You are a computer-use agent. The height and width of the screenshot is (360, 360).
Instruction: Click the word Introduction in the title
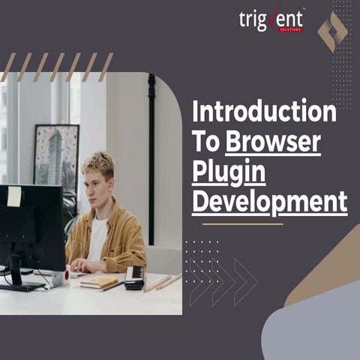(x=264, y=112)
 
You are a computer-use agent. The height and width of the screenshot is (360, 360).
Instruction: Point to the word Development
(x=269, y=201)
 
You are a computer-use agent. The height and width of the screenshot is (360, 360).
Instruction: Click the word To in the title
(x=206, y=141)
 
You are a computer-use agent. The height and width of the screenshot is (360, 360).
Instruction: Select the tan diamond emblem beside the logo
(x=331, y=31)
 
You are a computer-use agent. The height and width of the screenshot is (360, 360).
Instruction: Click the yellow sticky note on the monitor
(x=14, y=196)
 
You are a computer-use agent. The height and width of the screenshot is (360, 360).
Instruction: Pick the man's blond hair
(x=98, y=163)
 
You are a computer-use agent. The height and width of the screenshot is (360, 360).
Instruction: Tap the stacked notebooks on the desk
(x=99, y=282)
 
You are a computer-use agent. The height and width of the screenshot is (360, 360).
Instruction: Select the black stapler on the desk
(x=134, y=277)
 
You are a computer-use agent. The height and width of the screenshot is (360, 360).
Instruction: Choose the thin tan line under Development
(x=242, y=223)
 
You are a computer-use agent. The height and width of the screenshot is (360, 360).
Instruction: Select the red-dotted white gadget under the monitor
(x=59, y=278)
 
